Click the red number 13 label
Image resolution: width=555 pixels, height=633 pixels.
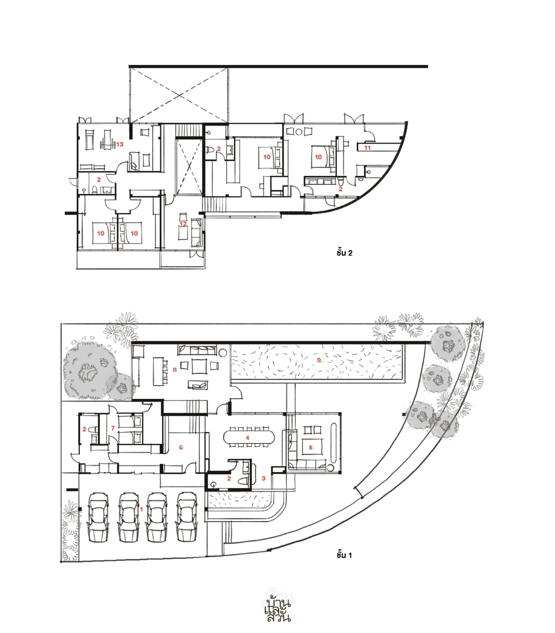[x=119, y=144]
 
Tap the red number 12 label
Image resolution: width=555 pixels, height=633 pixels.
[x=183, y=224]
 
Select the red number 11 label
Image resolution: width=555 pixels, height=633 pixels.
[x=367, y=148]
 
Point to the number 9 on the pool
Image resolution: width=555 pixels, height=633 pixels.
[x=319, y=359]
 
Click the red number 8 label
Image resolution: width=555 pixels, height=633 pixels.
[x=174, y=369]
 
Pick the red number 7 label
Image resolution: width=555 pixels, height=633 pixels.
[x=113, y=428]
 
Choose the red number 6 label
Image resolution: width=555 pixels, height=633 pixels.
[x=181, y=447]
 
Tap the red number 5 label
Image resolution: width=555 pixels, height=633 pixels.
[x=311, y=447]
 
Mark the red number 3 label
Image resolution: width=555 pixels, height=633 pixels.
[x=264, y=478]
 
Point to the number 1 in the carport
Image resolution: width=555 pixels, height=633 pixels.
[x=142, y=509]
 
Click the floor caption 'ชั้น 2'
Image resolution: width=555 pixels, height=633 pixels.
[x=344, y=253]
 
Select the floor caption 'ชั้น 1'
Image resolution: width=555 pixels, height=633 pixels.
[x=344, y=555]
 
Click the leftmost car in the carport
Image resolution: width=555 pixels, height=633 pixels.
[x=98, y=517]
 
